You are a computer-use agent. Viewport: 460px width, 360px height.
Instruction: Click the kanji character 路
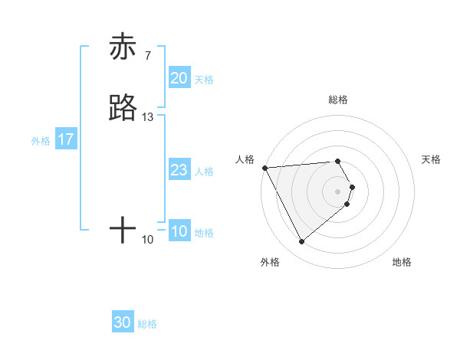click(123, 108)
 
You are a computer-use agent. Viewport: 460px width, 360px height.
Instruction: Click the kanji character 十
click(123, 230)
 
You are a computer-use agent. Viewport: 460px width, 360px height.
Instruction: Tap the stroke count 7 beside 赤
click(147, 55)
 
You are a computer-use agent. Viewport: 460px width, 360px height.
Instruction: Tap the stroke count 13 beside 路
click(148, 116)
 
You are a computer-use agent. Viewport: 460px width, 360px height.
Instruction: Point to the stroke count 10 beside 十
click(148, 240)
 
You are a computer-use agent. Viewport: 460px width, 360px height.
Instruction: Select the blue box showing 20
click(179, 78)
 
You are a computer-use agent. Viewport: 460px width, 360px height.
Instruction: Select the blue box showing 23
click(179, 170)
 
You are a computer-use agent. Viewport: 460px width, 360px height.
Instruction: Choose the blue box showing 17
click(66, 139)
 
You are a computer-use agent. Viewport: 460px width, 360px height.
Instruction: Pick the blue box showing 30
click(123, 322)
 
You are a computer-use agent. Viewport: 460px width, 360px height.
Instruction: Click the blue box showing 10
click(179, 231)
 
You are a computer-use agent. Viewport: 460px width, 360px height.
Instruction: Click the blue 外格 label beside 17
click(40, 141)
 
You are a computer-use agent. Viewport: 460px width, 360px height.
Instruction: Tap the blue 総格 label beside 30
click(147, 324)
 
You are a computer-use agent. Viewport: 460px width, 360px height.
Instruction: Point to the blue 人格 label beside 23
click(204, 172)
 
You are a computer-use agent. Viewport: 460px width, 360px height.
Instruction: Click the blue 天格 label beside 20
click(204, 80)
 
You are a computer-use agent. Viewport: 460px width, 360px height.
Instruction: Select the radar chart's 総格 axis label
click(338, 100)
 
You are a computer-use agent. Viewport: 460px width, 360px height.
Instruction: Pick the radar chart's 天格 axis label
click(432, 159)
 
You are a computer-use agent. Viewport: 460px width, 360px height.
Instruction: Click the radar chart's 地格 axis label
click(402, 262)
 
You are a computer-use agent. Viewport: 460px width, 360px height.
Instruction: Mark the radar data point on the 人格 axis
click(264, 168)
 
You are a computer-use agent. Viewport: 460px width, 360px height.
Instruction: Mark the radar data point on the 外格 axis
click(302, 242)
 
